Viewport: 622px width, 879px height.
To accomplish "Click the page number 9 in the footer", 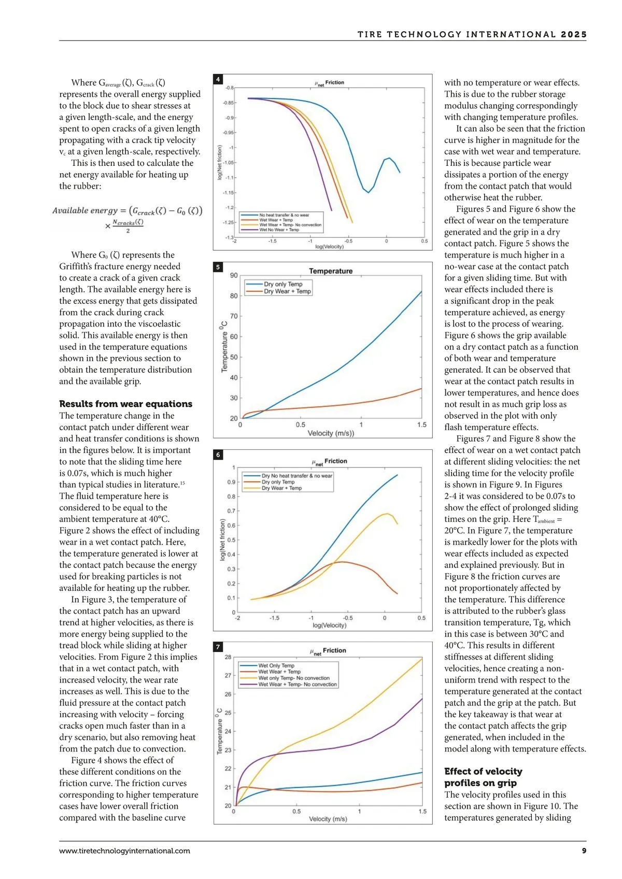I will click(x=584, y=850).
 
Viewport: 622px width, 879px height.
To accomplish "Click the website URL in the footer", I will click(x=124, y=850).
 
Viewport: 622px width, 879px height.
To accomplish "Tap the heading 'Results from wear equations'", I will click(x=125, y=404).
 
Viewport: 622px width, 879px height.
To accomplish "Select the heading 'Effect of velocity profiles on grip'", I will click(x=483, y=777).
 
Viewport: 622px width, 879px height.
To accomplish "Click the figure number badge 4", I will click(x=218, y=79).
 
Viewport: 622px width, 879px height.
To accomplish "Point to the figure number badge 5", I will click(x=218, y=267).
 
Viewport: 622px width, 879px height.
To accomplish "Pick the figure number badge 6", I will click(x=218, y=455).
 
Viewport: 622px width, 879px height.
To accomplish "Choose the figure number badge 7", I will click(x=218, y=647).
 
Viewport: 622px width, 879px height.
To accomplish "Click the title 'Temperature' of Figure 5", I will click(x=331, y=271).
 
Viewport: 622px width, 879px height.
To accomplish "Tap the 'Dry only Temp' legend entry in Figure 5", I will click(x=283, y=284).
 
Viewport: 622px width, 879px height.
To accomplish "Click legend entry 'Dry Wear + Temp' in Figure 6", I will click(x=281, y=488).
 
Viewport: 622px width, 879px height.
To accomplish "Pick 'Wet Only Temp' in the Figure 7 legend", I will click(x=276, y=665).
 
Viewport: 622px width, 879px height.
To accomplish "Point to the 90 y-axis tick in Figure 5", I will click(x=234, y=275).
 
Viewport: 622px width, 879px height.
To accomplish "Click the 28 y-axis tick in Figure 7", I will click(x=228, y=657).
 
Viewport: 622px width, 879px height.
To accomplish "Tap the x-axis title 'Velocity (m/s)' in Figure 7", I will click(x=328, y=819).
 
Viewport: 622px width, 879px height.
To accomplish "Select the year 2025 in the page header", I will click(x=574, y=35).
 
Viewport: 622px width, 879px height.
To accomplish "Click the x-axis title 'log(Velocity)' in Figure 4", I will click(x=329, y=247).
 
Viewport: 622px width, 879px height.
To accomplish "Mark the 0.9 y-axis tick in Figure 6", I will click(x=231, y=482).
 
